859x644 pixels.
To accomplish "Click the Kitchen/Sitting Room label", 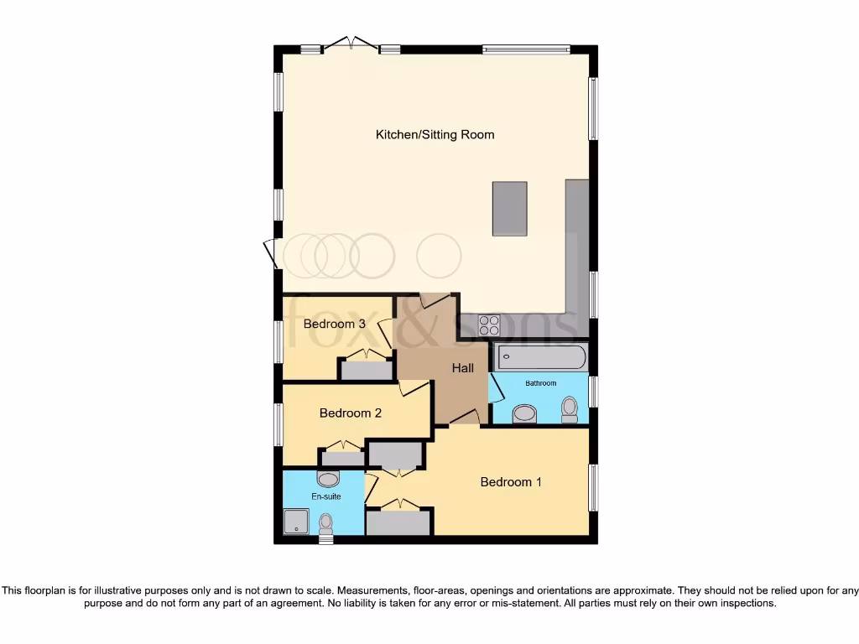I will click(x=435, y=134).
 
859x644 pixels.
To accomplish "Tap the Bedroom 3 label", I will click(x=334, y=324).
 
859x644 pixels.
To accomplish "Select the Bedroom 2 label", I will click(x=351, y=413).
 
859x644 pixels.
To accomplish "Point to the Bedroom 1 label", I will click(x=511, y=481).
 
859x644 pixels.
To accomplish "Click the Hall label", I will click(x=463, y=367).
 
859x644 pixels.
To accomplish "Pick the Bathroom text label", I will click(x=540, y=383).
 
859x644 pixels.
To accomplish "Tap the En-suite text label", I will click(x=326, y=496).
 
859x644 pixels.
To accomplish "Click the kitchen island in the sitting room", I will click(x=509, y=209).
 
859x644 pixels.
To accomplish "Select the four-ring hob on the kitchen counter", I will click(x=489, y=325).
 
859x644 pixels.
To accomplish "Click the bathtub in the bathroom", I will click(x=540, y=357).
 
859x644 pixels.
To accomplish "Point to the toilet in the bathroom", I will click(x=570, y=410).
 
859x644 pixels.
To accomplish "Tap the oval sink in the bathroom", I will click(x=524, y=413).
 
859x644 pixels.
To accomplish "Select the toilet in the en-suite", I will click(x=326, y=524).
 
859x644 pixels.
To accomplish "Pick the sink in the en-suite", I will click(x=328, y=479).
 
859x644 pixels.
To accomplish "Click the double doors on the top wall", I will click(x=351, y=44).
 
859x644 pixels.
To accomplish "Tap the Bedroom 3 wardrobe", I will click(x=365, y=370).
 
